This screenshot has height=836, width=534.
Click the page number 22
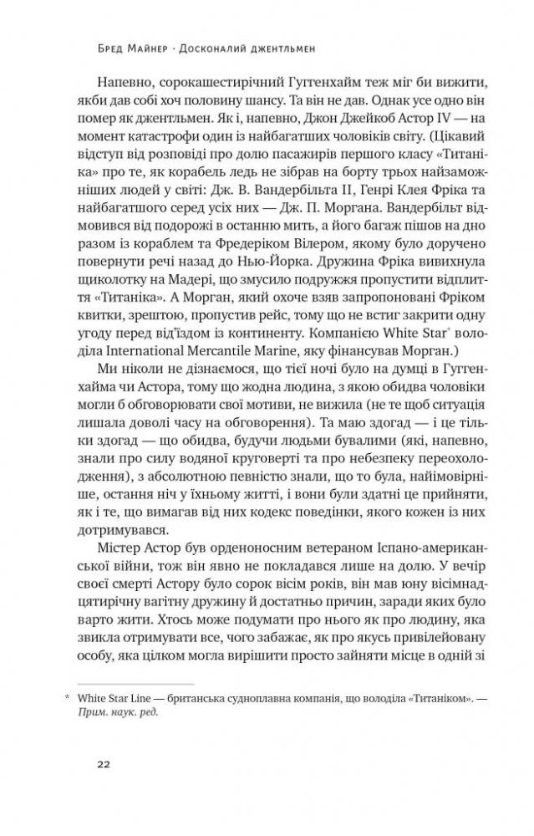click(104, 764)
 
